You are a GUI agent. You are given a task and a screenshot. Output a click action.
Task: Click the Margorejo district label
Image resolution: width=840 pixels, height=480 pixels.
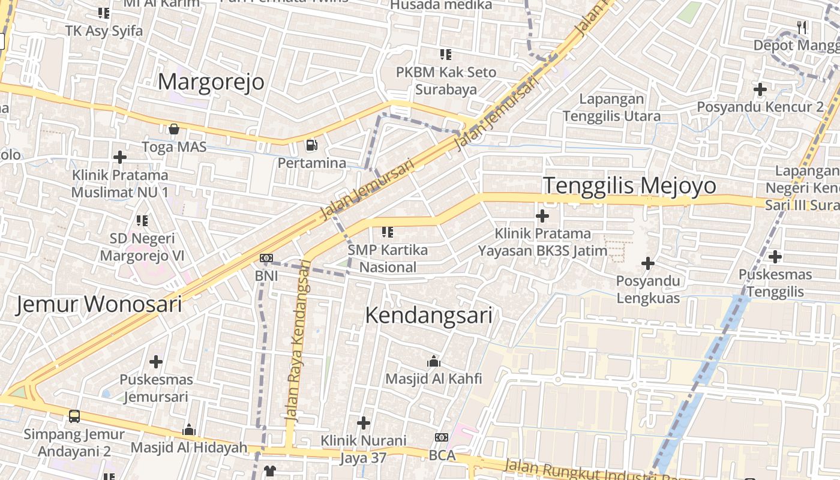(x=211, y=82)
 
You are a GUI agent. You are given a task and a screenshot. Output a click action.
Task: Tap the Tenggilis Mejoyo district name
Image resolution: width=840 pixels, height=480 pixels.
(x=629, y=185)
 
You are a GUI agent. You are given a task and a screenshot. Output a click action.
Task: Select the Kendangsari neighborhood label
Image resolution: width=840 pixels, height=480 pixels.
(x=428, y=315)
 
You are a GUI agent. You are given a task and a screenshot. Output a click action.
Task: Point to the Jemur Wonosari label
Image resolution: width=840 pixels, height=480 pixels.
(x=98, y=304)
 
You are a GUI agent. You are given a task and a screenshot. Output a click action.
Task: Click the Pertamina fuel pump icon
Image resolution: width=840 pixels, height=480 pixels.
(x=311, y=145)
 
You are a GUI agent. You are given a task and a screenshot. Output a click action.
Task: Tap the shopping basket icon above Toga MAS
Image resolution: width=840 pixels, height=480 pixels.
(x=174, y=128)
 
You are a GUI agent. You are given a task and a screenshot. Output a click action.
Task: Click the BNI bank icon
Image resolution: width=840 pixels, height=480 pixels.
(x=266, y=258)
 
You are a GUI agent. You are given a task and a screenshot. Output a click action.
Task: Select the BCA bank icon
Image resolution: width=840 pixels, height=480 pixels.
(x=442, y=437)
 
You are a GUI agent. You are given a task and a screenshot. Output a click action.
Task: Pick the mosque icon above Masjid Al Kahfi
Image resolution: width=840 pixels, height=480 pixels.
(x=433, y=361)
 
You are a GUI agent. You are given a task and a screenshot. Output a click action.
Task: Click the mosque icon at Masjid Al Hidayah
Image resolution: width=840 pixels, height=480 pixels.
(x=189, y=430)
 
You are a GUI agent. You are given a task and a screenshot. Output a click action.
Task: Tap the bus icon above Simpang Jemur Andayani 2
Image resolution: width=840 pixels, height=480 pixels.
(x=74, y=416)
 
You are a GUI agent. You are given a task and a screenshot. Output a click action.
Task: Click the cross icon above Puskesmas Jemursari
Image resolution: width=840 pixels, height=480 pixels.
(x=156, y=362)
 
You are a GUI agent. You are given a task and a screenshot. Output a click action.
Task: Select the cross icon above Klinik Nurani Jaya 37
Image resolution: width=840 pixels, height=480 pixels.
(x=364, y=423)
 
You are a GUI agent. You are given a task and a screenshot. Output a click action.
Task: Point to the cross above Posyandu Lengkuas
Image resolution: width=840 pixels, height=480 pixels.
(x=648, y=263)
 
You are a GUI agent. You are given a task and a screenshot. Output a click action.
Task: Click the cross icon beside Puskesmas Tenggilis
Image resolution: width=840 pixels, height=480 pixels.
(x=775, y=257)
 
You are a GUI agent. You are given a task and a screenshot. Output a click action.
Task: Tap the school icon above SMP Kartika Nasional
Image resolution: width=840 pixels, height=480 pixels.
(x=388, y=232)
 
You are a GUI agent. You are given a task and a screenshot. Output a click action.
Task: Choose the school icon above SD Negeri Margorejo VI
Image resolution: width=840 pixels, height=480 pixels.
(x=142, y=221)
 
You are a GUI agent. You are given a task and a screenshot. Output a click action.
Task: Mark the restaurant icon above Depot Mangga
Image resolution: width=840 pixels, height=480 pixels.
(x=802, y=27)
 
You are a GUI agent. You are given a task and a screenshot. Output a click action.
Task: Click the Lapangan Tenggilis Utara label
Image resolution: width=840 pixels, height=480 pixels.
(x=612, y=107)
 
